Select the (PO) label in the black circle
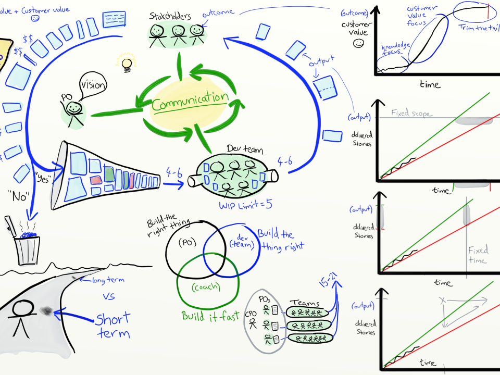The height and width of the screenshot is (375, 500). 186,242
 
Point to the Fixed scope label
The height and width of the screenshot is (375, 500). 411,113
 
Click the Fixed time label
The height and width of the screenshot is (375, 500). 477,255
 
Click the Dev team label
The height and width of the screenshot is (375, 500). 245,150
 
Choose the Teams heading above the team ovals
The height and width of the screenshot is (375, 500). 305,303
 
